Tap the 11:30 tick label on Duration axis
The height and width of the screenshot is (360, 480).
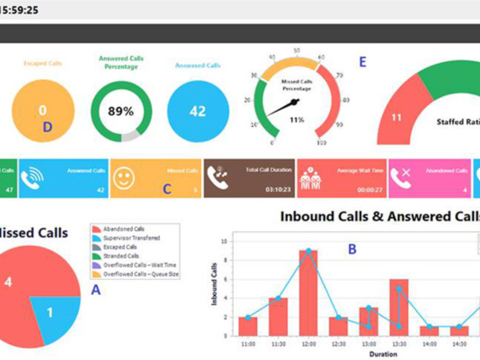(x=278, y=344)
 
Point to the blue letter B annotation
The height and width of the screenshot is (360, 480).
(x=353, y=249)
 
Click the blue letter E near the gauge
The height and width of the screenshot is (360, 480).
(x=362, y=62)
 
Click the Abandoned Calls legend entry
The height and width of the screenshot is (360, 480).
(x=124, y=229)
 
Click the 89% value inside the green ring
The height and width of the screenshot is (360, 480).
(x=121, y=111)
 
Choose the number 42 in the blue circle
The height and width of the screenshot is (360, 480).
(x=197, y=111)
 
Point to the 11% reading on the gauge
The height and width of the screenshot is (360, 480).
(x=296, y=119)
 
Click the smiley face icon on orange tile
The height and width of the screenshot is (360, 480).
(x=124, y=178)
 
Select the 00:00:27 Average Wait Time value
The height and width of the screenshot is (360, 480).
(x=370, y=189)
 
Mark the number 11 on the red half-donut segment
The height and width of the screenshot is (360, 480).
(x=396, y=118)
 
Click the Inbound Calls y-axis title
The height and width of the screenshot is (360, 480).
(x=214, y=284)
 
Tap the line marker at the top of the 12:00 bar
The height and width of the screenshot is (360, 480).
(x=308, y=251)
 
